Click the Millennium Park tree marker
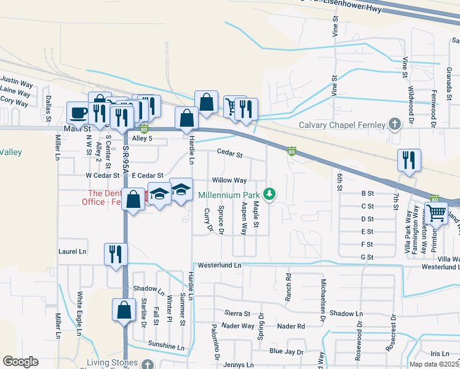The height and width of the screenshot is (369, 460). point(269,194)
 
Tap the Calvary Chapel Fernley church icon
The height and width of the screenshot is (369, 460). point(395,125)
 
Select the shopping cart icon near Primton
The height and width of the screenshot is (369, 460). point(437,213)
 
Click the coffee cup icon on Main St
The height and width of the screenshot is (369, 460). point(78,113)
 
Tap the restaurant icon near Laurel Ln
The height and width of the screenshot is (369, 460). point(115,253)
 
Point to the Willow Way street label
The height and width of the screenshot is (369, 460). point(229,180)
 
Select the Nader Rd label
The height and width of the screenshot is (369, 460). point(291,326)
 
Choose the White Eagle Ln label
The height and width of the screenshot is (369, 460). point(79,314)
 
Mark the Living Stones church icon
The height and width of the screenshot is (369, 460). point(146,365)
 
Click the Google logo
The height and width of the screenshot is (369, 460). point(20,362)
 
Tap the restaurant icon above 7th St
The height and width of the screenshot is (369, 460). point(409,161)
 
